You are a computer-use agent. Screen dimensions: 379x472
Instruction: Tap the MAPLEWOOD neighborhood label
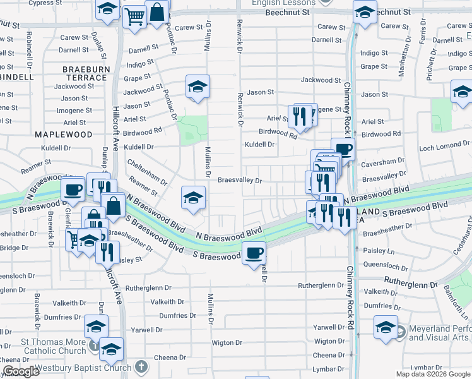[x=63, y=135]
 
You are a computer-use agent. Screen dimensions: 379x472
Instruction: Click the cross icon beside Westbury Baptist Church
[x=142, y=367]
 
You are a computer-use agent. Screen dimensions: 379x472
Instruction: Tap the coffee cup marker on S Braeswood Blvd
[x=254, y=253]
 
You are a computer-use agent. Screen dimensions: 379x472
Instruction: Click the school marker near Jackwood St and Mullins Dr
[x=198, y=87]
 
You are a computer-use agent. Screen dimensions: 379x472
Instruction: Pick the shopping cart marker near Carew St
[x=133, y=17]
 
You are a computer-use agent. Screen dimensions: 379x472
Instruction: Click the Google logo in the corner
[x=21, y=372]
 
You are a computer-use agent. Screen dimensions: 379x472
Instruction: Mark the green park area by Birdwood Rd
[x=192, y=129]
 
